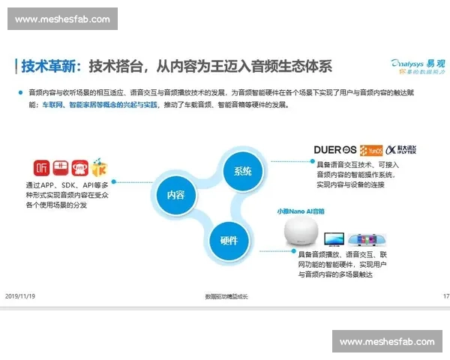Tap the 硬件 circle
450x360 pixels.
[229, 241]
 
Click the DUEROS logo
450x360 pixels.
[335, 148]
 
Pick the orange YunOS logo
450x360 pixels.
[371, 148]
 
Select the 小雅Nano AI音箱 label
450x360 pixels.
[301, 212]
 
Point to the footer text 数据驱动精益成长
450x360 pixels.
[226, 296]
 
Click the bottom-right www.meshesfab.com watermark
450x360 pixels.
[387, 341]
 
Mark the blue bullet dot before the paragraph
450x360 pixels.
[21, 92]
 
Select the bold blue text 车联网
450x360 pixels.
[52, 105]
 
